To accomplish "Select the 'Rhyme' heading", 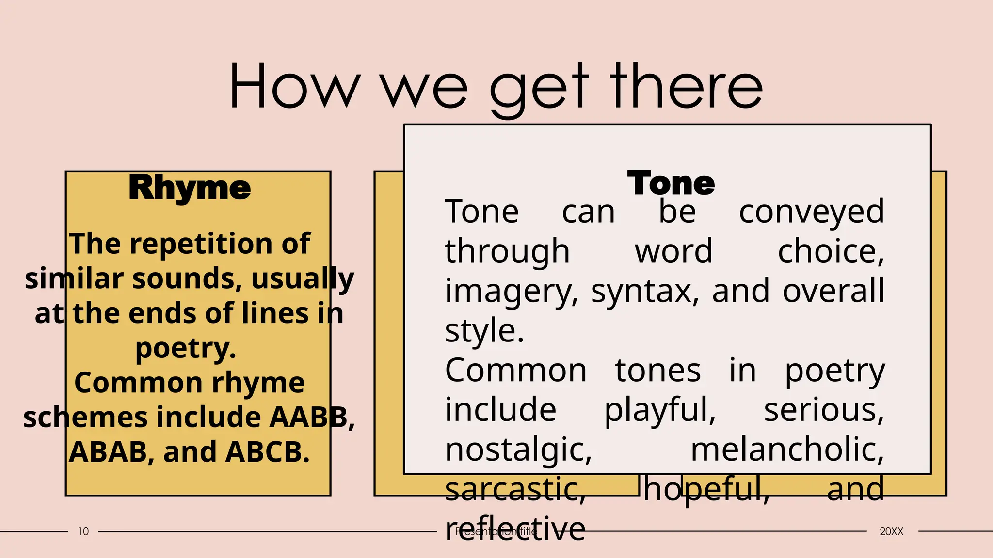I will pos(190,187).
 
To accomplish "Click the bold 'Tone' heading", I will pos(671,183).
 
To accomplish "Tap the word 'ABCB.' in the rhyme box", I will pos(267,452).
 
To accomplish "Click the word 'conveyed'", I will pos(812,212).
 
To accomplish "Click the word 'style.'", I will pos(484,331).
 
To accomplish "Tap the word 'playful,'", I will pos(660,410).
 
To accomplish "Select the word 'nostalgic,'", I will pos(518,450).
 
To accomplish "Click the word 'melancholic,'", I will pos(787,450).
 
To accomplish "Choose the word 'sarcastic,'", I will pos(515,489).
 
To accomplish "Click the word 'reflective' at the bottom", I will pos(515,528).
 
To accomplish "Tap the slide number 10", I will pos(83,532).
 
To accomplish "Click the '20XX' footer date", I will pos(891,532).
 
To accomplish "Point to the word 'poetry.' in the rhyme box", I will pos(186,348).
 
